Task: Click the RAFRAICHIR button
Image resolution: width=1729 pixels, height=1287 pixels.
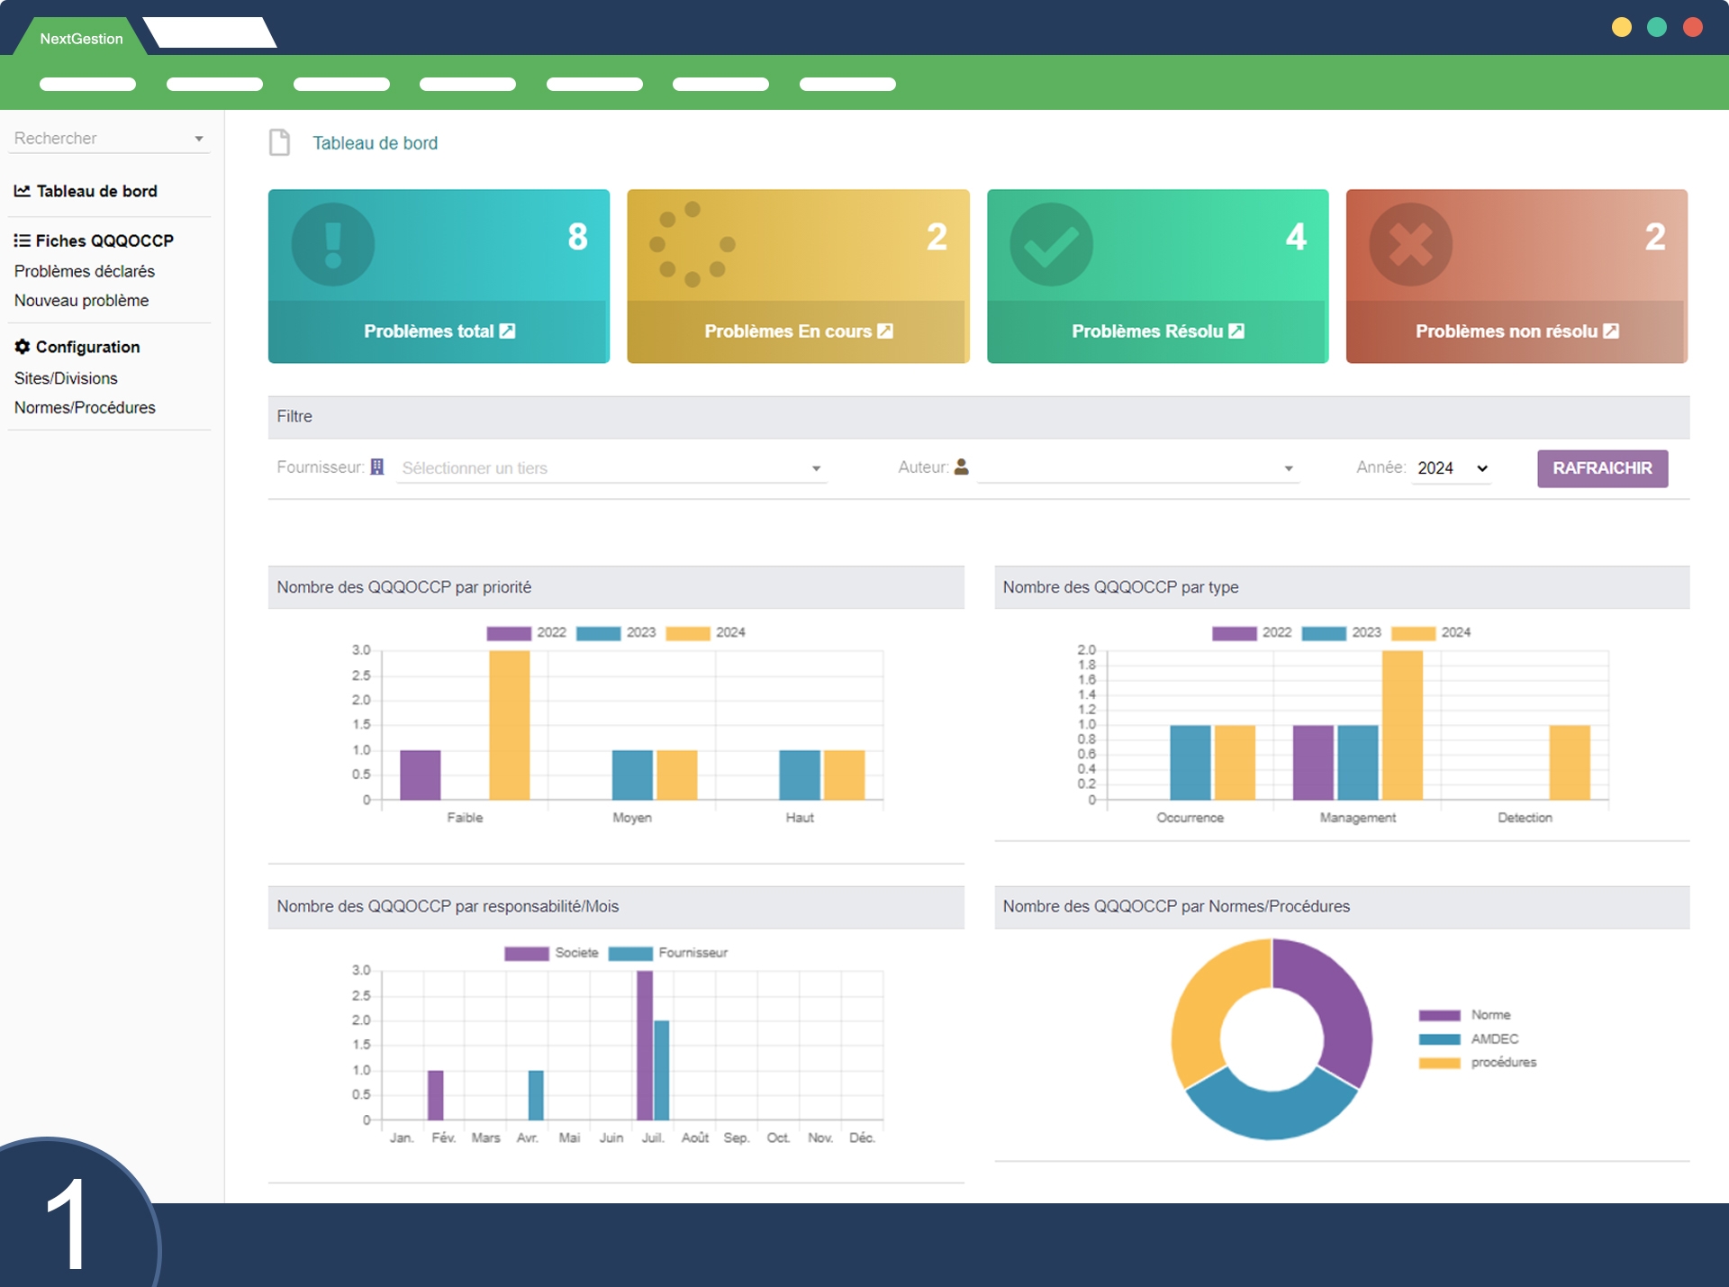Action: (1601, 468)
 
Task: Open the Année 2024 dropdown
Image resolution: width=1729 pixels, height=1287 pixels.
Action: (1451, 468)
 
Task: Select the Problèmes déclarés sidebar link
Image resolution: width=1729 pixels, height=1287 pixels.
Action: (85, 271)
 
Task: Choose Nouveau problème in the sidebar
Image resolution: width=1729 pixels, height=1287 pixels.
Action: (82, 301)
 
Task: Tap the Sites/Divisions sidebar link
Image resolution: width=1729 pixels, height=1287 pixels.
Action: (66, 378)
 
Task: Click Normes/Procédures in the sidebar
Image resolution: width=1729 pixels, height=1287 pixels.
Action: (85, 408)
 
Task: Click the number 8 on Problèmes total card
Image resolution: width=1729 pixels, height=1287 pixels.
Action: (577, 237)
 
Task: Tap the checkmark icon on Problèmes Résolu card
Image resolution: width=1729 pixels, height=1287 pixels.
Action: (1051, 244)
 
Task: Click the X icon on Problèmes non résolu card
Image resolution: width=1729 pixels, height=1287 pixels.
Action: (1410, 244)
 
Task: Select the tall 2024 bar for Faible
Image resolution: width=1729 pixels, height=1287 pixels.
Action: (510, 725)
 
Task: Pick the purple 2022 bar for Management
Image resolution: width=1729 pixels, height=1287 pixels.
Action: (1313, 762)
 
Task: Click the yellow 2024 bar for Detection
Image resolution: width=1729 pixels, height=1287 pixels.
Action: (1570, 762)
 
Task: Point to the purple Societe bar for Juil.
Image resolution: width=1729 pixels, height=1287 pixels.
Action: (645, 1045)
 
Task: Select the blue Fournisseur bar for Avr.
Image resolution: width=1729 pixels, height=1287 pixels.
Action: (536, 1094)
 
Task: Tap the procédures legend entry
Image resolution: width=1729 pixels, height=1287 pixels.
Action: (1502, 1063)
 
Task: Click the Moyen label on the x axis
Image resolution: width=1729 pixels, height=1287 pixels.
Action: (632, 818)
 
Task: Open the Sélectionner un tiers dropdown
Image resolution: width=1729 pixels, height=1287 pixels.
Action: (611, 468)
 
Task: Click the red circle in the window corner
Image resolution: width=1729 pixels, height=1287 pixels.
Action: (1692, 27)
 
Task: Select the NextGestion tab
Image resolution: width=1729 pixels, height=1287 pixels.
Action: (81, 39)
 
